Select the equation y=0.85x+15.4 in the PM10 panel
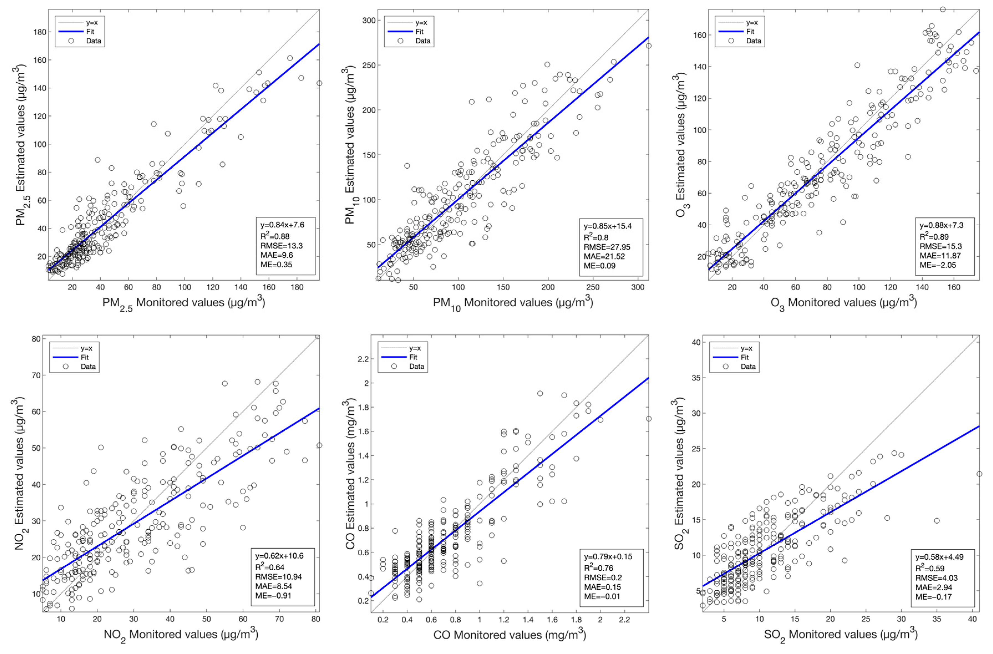pos(608,226)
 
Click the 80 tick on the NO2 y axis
pos(36,339)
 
